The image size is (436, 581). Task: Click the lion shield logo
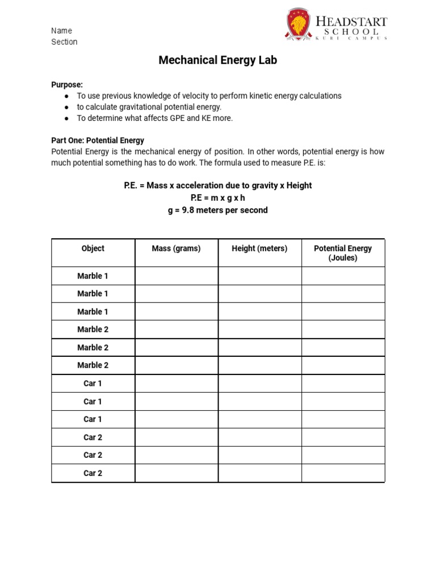[x=298, y=26]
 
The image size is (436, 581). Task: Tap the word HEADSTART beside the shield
[x=351, y=21]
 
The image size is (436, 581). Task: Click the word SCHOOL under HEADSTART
[x=351, y=32]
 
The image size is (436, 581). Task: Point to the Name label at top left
[x=61, y=31]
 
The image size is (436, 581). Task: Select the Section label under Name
[x=64, y=42]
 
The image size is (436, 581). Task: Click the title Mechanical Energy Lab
[x=218, y=60]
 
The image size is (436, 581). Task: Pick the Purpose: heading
[x=67, y=85]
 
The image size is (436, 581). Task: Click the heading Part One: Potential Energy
[x=98, y=140]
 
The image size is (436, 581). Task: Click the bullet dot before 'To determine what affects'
[x=66, y=119]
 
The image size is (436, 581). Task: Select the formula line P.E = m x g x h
[x=218, y=198]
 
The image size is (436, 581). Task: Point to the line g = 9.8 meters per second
[x=218, y=210]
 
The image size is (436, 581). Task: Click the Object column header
[x=93, y=249]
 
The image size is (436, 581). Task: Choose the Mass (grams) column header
[x=176, y=249]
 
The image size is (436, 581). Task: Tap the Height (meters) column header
[x=259, y=249]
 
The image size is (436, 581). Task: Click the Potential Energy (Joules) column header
[x=343, y=253]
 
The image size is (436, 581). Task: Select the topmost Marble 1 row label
[x=93, y=276]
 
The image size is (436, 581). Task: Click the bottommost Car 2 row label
[x=93, y=473]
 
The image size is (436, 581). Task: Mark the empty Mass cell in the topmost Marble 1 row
[x=176, y=276]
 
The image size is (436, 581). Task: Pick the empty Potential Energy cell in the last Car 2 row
[x=343, y=473]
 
